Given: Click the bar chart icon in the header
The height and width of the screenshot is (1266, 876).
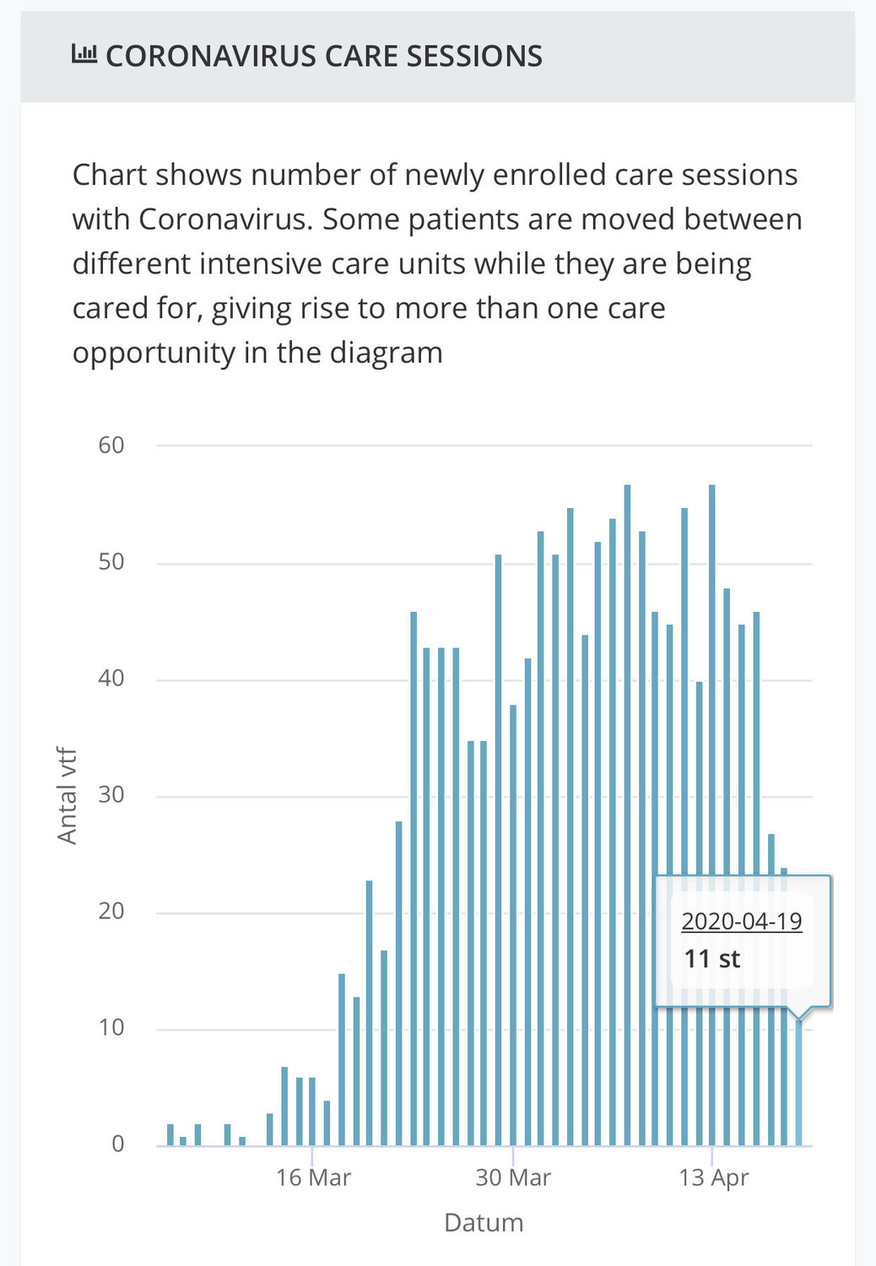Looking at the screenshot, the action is pyautogui.click(x=84, y=54).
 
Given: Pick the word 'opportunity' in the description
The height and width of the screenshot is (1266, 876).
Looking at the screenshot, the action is pyautogui.click(x=154, y=354).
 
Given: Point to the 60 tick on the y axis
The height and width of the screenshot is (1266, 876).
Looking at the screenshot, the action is pyautogui.click(x=111, y=446).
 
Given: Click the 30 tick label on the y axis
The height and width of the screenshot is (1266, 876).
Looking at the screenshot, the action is pyautogui.click(x=111, y=795).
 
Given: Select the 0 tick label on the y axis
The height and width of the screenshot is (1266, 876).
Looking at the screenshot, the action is pyautogui.click(x=118, y=1144).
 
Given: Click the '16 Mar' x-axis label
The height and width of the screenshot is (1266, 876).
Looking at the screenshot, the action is pyautogui.click(x=314, y=1178).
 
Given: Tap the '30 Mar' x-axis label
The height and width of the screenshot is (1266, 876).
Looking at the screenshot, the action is pyautogui.click(x=513, y=1178).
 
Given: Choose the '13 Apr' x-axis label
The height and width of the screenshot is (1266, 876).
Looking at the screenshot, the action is pyautogui.click(x=713, y=1179).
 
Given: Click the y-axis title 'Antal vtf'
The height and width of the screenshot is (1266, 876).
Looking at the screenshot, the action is pyautogui.click(x=67, y=796).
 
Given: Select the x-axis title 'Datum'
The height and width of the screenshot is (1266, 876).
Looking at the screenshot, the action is pyautogui.click(x=484, y=1222).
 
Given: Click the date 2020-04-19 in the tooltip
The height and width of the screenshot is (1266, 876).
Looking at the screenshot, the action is pyautogui.click(x=742, y=922).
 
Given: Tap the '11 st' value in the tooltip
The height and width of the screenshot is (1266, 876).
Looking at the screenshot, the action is pyautogui.click(x=711, y=959).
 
